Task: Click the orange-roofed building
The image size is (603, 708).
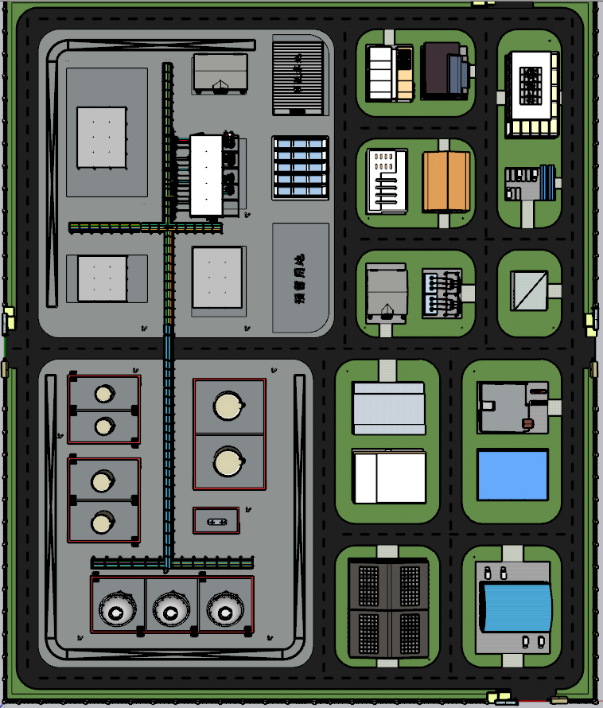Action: tap(448, 181)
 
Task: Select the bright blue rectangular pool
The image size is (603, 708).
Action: tap(513, 475)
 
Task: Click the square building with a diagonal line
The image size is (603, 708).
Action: tap(528, 290)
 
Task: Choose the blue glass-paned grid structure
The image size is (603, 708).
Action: tap(300, 167)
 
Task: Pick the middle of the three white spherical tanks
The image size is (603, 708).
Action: tap(170, 610)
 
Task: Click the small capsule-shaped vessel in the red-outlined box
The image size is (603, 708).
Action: tap(216, 522)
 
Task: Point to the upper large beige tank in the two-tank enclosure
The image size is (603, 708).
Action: tap(228, 406)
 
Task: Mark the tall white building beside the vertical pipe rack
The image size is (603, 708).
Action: tap(206, 175)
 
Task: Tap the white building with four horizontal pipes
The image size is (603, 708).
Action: tap(386, 181)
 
